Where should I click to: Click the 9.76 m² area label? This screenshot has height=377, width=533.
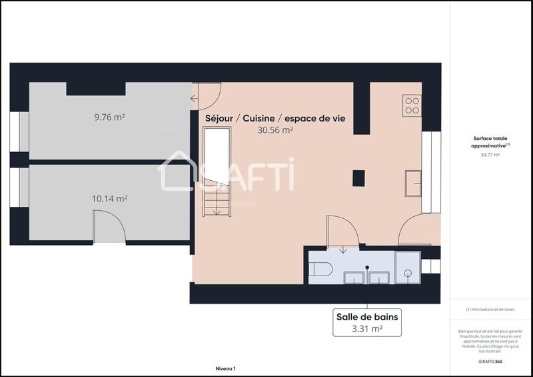point(110,117)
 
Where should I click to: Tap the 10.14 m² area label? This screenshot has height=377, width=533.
point(109,198)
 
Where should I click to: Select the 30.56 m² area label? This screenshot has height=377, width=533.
point(275,131)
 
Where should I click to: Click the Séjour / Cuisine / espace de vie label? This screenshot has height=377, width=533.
point(279,118)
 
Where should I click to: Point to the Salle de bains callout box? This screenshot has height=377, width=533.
point(366,322)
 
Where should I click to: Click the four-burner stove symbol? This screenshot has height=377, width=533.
point(412,105)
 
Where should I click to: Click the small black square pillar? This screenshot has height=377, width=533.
point(359,177)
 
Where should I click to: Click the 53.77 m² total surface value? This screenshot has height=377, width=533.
point(490,155)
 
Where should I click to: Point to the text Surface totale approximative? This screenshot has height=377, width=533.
point(490,142)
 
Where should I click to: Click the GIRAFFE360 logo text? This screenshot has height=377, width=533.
point(490,360)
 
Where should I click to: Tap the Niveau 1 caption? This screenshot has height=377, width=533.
point(225,368)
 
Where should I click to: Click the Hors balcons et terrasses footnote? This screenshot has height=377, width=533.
point(490,309)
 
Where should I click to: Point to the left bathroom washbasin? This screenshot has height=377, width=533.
point(353,277)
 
